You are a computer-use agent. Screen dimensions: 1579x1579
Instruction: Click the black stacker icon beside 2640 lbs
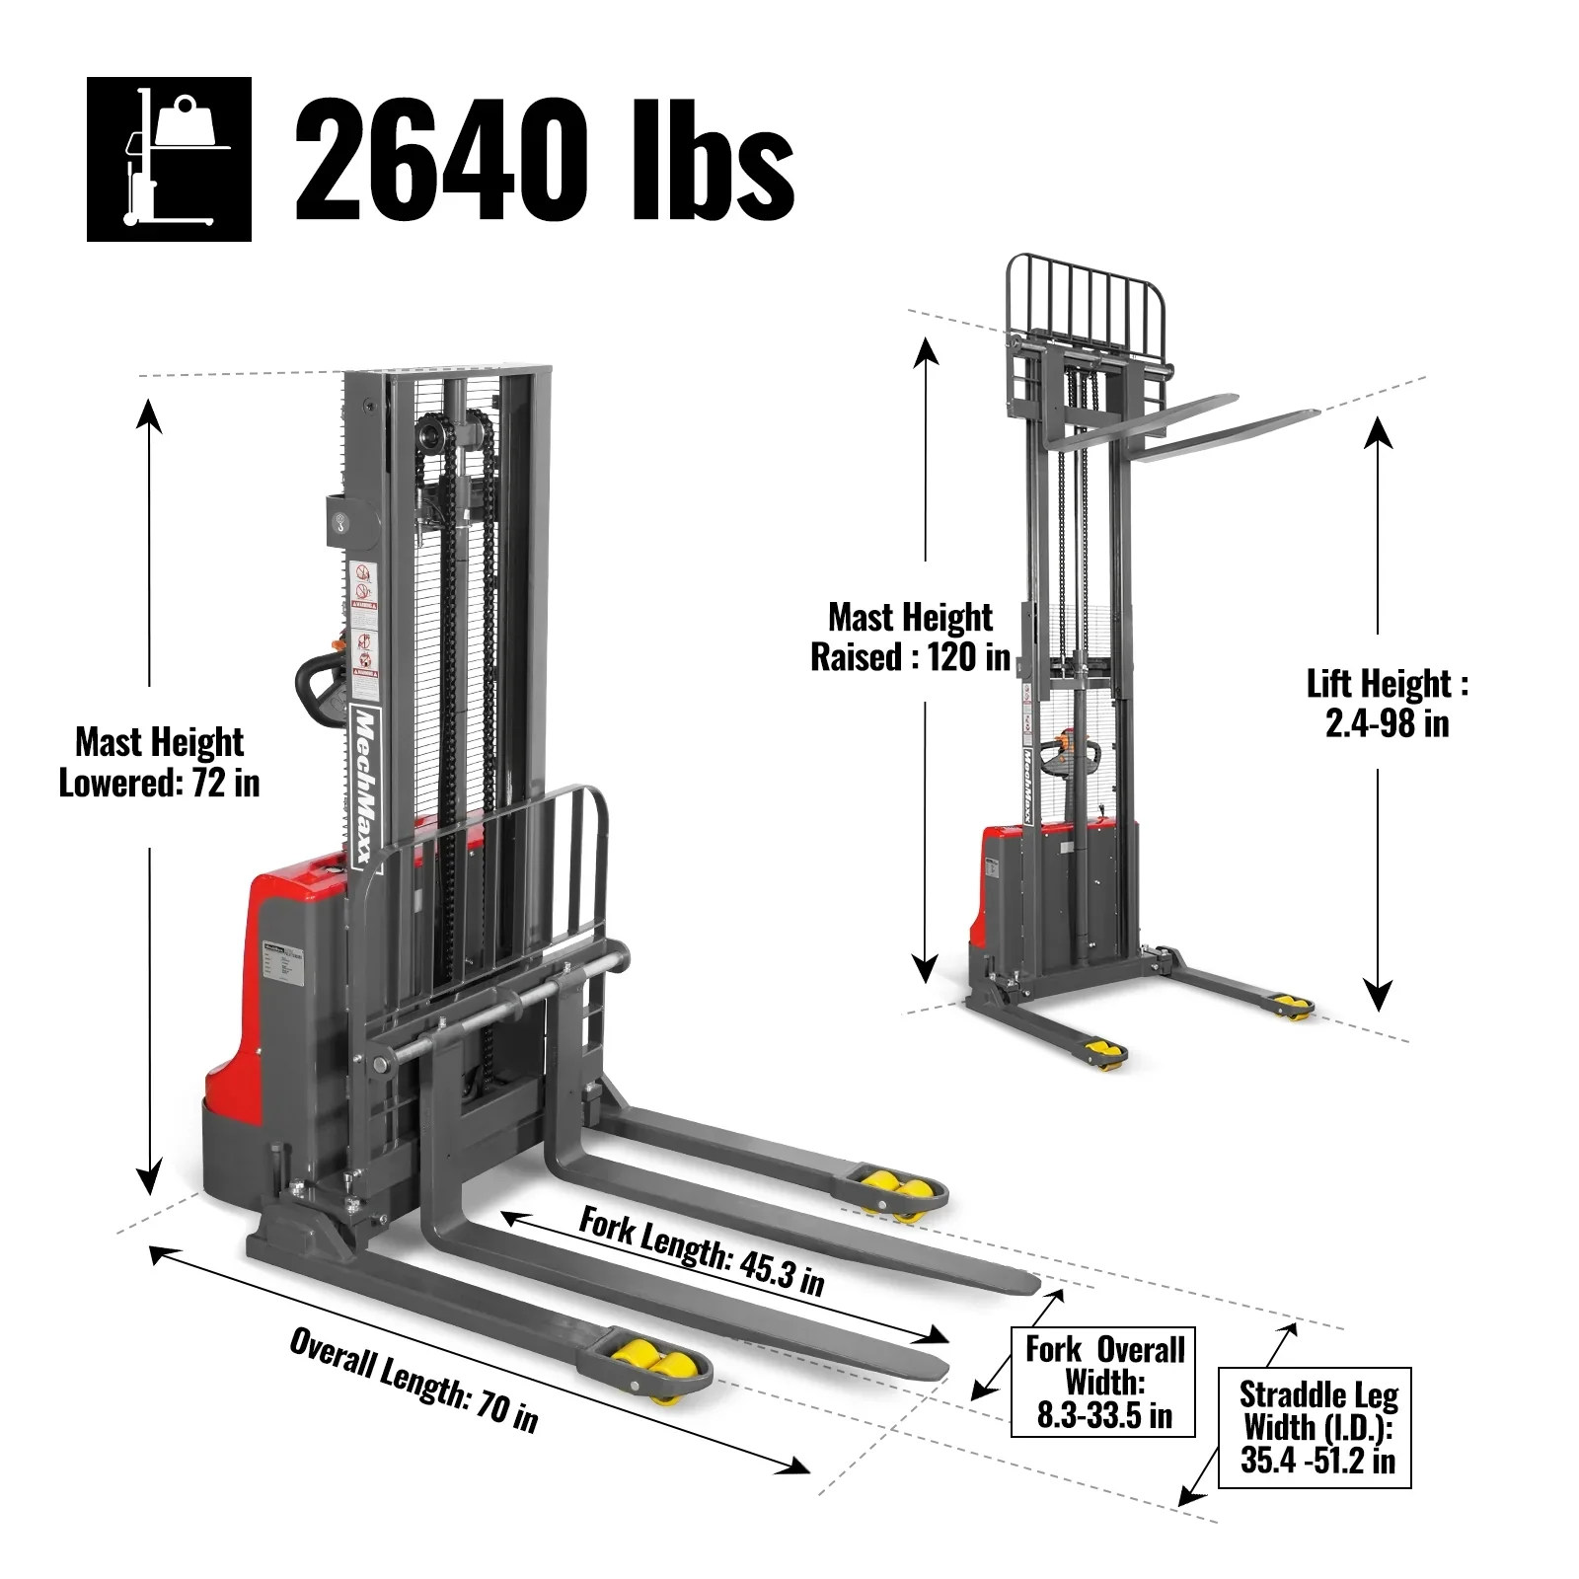(x=169, y=159)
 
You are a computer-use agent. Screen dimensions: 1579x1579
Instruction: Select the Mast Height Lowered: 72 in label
(x=159, y=762)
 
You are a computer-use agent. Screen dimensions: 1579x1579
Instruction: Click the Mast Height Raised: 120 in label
(x=910, y=637)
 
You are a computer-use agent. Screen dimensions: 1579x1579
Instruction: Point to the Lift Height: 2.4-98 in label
(x=1387, y=703)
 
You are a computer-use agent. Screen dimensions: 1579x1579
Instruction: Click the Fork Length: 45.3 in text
(x=701, y=1249)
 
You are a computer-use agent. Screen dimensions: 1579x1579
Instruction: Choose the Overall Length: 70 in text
(x=414, y=1379)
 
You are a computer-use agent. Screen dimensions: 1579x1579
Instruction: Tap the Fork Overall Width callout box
(x=1103, y=1382)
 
